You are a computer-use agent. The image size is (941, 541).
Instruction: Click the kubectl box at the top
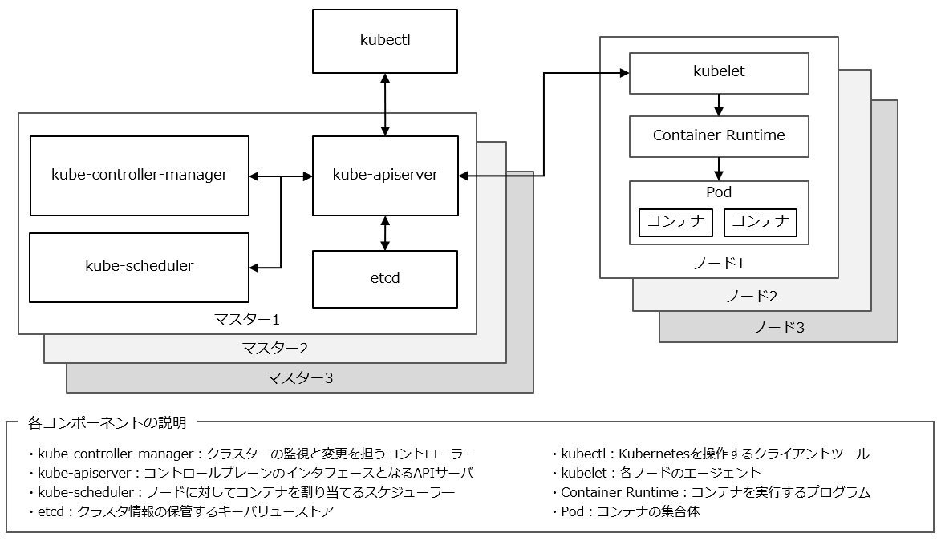point(385,42)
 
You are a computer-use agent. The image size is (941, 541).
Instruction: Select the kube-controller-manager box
point(140,176)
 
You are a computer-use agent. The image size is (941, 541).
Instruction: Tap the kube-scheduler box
point(140,268)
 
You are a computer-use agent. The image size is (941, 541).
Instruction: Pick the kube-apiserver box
point(385,176)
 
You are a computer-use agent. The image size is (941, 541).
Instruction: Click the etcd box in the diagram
point(385,279)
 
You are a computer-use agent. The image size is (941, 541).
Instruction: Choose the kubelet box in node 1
point(719,73)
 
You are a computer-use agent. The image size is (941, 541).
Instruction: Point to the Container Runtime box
point(719,137)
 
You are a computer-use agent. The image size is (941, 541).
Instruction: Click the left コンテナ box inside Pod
point(675,223)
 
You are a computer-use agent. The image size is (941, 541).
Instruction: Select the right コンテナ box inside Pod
point(761,223)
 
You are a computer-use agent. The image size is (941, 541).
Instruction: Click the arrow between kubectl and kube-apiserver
point(385,105)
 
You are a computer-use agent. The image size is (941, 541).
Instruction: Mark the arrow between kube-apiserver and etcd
point(385,233)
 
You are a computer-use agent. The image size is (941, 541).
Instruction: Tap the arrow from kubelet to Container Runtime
point(719,105)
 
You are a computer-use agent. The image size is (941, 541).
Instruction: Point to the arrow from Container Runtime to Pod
point(719,169)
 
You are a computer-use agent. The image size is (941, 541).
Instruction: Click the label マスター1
point(247,320)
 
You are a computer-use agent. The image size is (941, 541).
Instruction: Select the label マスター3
point(300,377)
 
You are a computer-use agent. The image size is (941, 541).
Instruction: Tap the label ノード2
point(752,297)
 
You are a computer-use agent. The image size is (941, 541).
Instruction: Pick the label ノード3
point(779,328)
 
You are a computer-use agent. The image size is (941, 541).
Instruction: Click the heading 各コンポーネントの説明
point(107,423)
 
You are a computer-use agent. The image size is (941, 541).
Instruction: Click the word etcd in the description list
point(51,511)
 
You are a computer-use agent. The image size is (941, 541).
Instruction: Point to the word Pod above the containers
point(719,192)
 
